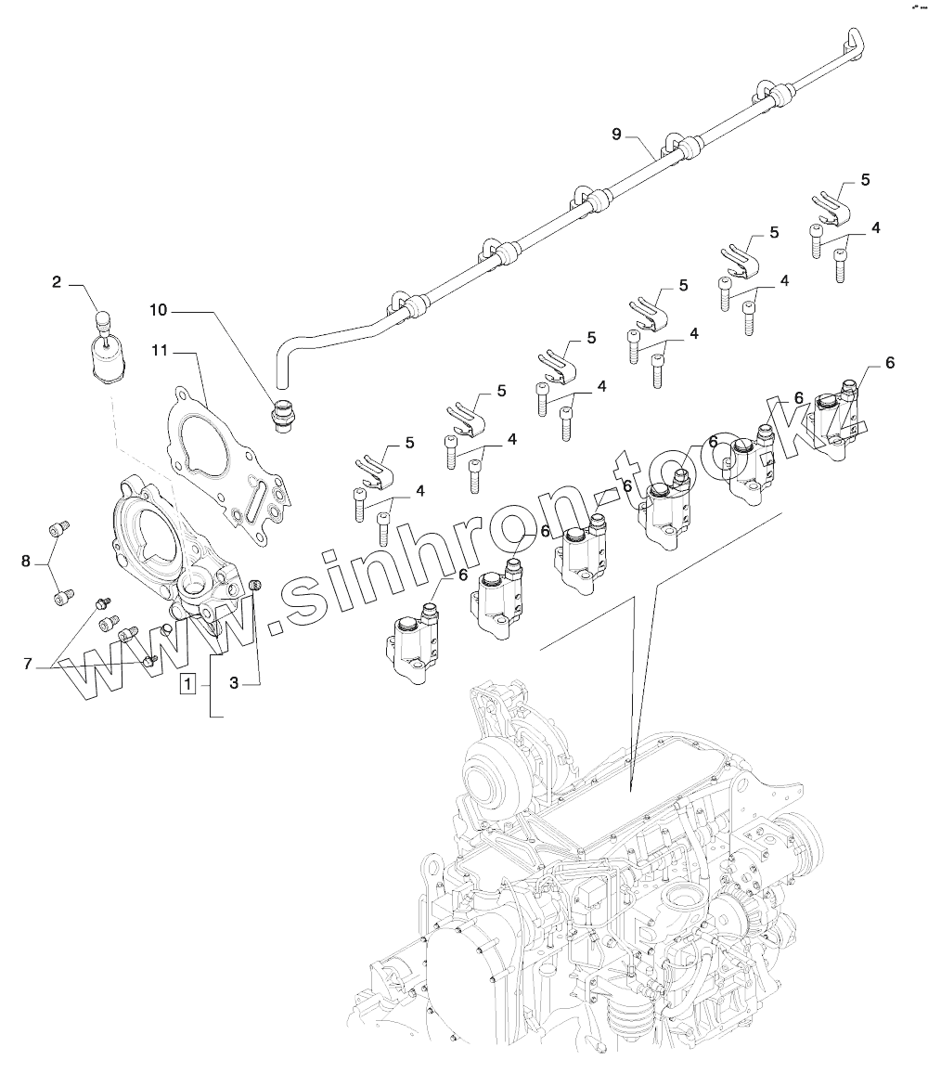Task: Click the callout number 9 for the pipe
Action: pos(616,135)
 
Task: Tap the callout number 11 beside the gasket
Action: pos(159,351)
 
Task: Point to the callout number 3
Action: pos(234,683)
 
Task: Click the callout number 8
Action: pos(26,560)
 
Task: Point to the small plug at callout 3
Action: pos(256,584)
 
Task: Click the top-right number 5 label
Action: pos(865,179)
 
